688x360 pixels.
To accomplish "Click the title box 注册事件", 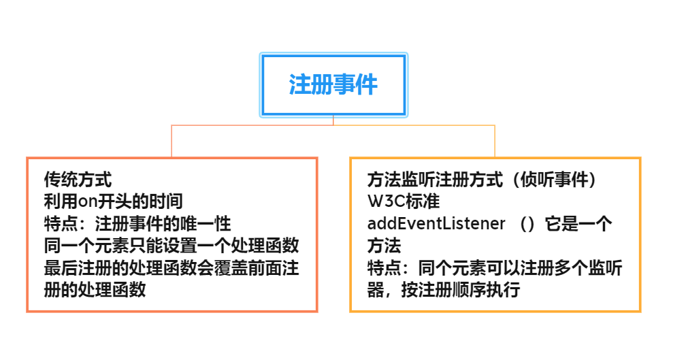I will (x=333, y=85).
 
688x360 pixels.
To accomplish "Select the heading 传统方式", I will (x=78, y=180).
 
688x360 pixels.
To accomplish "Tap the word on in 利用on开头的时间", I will (x=92, y=201).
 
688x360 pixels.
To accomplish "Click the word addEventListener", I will (x=436, y=223).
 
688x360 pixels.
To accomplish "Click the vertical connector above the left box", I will (x=171, y=141).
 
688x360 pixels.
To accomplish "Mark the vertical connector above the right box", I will (x=495, y=141).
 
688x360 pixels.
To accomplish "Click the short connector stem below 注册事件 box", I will (x=333, y=120).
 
